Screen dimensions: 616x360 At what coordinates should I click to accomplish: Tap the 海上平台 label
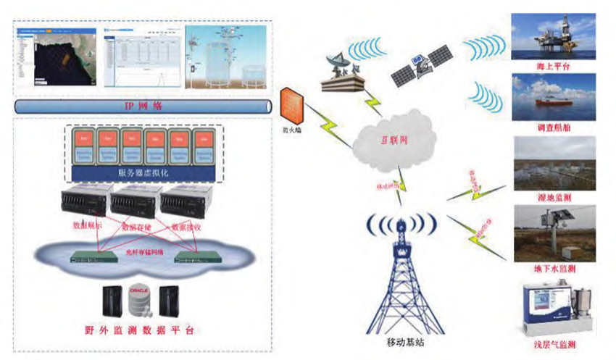tap(553, 67)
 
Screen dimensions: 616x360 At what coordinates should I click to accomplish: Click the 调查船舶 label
tap(553, 127)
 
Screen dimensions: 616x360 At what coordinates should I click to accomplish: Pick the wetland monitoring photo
tap(553, 163)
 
